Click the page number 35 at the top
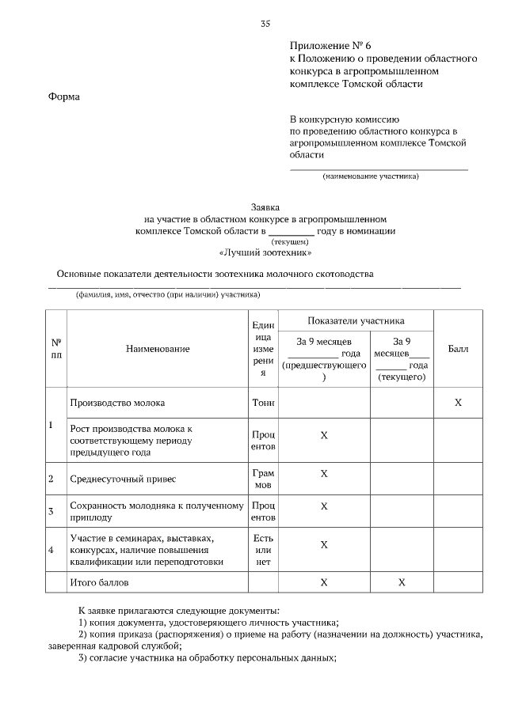pyautogui.click(x=265, y=23)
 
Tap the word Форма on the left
pyautogui.click(x=64, y=97)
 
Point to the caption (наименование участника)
pyautogui.click(x=371, y=176)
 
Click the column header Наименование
pyautogui.click(x=157, y=348)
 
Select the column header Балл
pyautogui.click(x=457, y=348)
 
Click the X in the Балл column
pyautogui.click(x=457, y=403)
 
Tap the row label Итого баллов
pyautogui.click(x=99, y=582)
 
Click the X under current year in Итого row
pyautogui.click(x=402, y=582)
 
